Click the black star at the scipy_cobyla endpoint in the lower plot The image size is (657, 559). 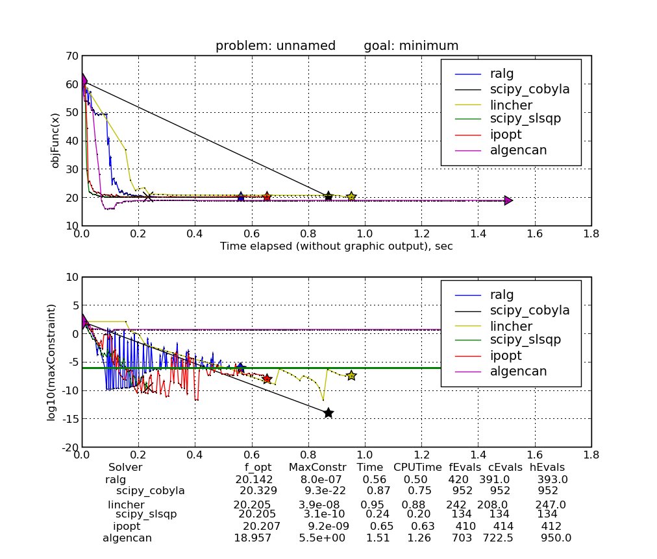point(328,413)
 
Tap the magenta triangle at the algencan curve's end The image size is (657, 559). point(508,200)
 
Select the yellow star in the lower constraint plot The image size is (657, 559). point(351,375)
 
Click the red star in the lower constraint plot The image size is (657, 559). point(266,378)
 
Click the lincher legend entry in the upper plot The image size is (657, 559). point(514,104)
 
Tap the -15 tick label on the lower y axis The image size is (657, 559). point(69,420)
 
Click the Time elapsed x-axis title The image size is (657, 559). point(336,246)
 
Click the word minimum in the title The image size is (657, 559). point(429,46)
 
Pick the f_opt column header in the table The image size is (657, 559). point(258,467)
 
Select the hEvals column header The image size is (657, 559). point(547,467)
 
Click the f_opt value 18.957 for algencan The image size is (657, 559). point(253,538)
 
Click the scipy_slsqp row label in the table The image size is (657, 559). point(146,514)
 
